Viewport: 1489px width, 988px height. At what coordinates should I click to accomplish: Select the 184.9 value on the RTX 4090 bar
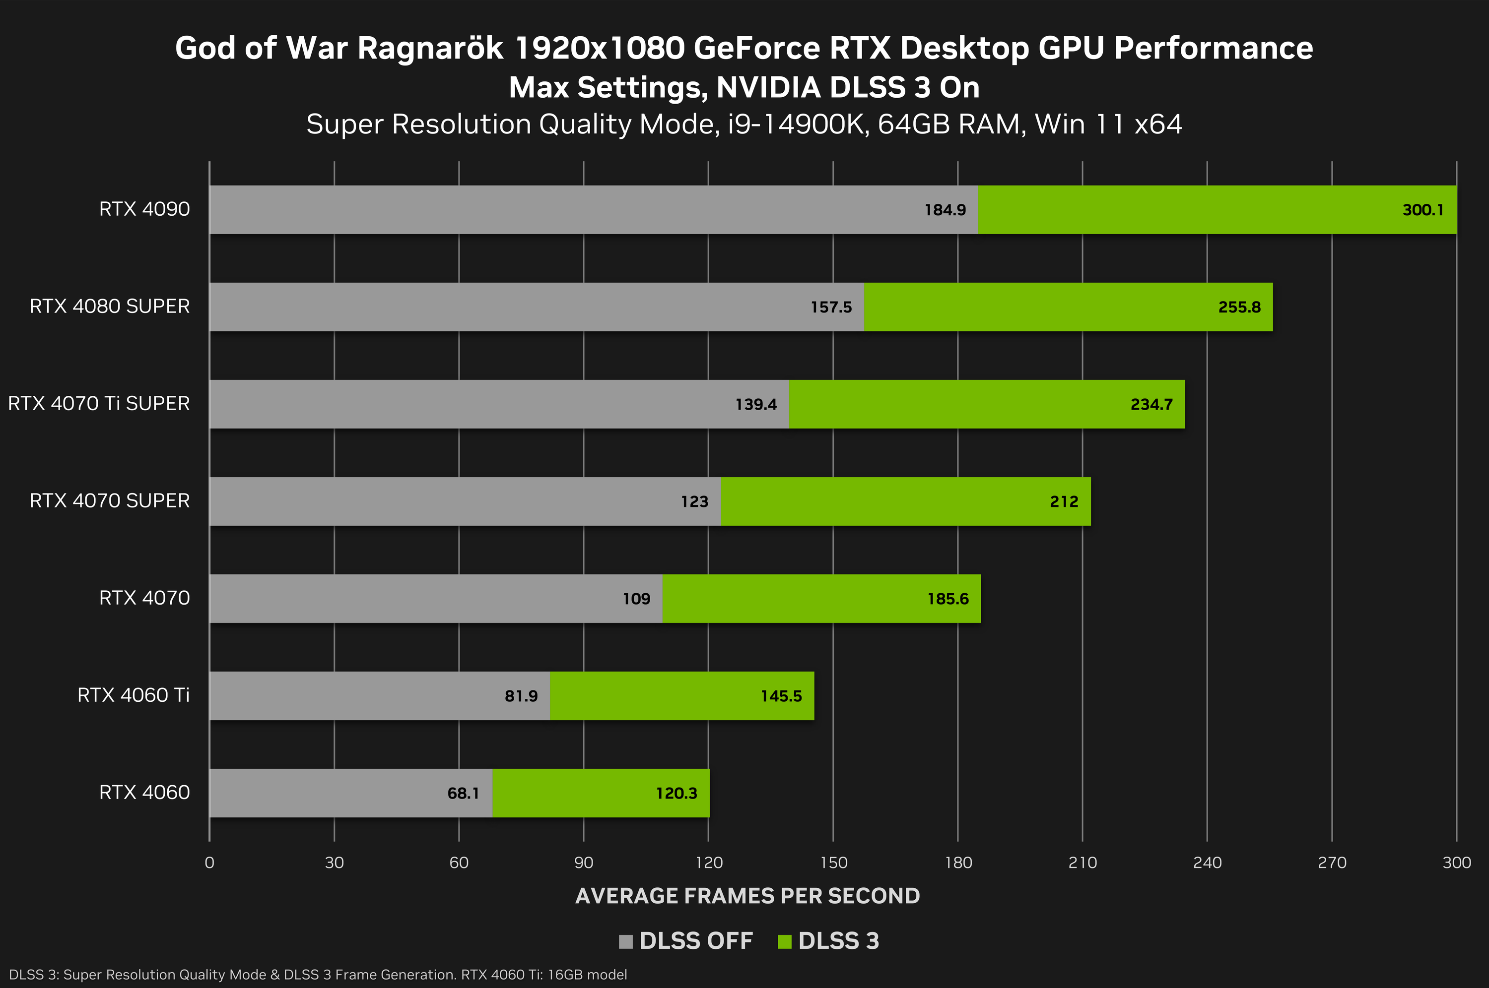click(945, 210)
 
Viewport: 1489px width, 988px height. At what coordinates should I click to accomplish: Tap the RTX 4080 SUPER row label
click(109, 306)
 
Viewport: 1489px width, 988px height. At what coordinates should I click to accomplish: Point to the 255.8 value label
click(1239, 307)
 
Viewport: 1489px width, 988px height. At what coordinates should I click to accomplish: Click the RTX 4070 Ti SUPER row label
click(98, 403)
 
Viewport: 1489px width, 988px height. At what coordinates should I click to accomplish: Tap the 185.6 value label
click(948, 599)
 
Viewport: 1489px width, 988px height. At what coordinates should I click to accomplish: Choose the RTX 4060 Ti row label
click(133, 695)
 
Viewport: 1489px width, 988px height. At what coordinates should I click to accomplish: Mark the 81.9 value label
click(521, 696)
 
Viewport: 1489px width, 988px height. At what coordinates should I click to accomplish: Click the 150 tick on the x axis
click(833, 863)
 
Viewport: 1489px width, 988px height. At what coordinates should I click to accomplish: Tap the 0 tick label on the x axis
click(209, 863)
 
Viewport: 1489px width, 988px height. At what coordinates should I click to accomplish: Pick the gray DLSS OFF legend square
click(625, 941)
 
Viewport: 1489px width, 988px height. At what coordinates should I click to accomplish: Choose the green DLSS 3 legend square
click(784, 941)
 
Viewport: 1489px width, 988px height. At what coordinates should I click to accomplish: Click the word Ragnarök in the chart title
click(430, 49)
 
